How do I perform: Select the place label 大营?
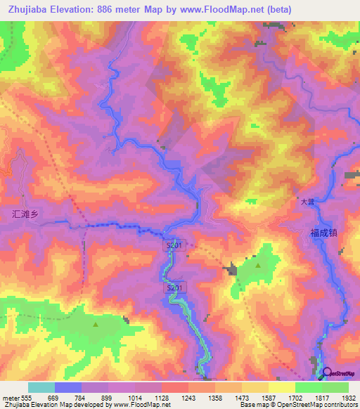(x=305, y=202)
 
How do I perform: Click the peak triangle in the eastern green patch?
(x=258, y=266)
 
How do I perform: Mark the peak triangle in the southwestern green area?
(x=96, y=324)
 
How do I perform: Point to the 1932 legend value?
(x=348, y=398)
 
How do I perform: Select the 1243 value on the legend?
(x=188, y=398)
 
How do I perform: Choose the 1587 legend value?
(x=268, y=398)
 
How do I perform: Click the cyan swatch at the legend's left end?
(x=41, y=387)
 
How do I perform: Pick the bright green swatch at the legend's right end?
(x=335, y=387)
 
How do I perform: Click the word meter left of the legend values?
(x=11, y=398)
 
